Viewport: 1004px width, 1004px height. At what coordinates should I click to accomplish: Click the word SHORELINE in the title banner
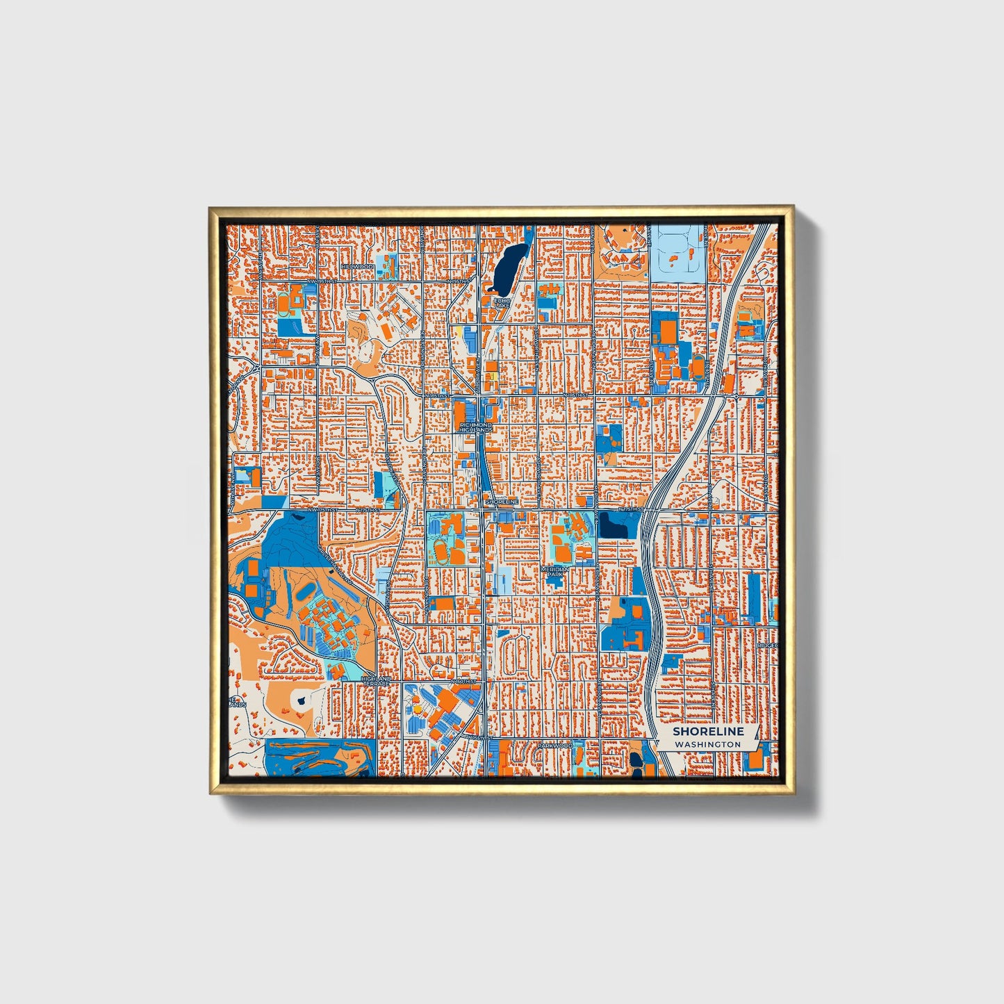[x=708, y=731]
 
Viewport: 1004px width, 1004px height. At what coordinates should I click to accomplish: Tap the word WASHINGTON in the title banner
[x=707, y=744]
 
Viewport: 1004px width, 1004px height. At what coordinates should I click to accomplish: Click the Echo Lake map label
[x=502, y=302]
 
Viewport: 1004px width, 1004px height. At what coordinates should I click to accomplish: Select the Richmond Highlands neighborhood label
[x=476, y=427]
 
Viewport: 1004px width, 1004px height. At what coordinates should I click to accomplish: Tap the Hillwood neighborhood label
[x=358, y=267]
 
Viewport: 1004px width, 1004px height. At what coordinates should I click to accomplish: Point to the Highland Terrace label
[x=376, y=681]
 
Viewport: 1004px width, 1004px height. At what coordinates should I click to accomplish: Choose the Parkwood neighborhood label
[x=555, y=746]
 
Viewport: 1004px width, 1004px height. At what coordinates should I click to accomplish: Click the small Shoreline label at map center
[x=502, y=501]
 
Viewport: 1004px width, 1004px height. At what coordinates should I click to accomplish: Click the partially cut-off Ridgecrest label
[x=768, y=645]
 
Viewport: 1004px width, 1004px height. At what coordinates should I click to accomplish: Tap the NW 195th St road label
[x=322, y=281]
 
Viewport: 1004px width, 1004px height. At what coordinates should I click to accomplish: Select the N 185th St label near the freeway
[x=577, y=395]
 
